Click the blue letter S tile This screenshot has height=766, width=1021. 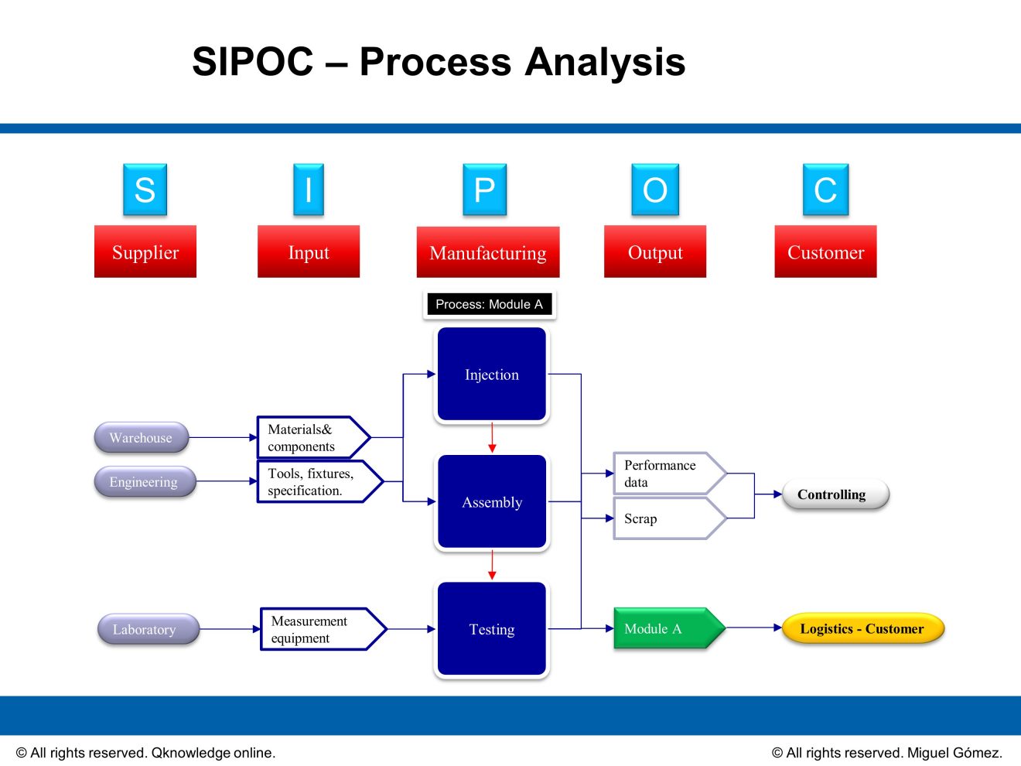click(145, 190)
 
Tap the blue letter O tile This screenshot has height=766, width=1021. click(654, 190)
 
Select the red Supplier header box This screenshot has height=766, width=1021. click(145, 251)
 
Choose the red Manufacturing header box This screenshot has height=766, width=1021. click(487, 252)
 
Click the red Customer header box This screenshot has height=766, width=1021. click(825, 251)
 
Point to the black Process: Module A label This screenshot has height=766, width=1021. click(489, 304)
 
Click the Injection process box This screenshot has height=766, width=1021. click(492, 374)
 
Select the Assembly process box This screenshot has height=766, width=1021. click(492, 502)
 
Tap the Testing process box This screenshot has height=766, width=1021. click(492, 629)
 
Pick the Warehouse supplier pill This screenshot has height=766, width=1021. click(141, 438)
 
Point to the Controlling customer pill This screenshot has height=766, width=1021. click(834, 494)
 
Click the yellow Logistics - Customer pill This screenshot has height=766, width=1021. click(862, 628)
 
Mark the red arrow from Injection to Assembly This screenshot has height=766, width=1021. click(492, 438)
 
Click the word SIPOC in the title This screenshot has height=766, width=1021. click(253, 62)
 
